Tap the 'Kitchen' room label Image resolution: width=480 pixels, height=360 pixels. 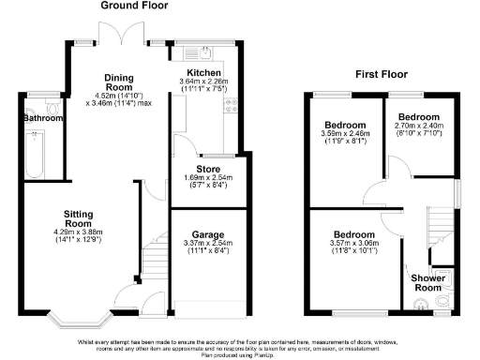pyautogui.click(x=203, y=72)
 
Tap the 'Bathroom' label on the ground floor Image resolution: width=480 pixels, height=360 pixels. pyautogui.click(x=42, y=119)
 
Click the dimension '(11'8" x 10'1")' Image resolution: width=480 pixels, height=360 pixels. pyautogui.click(x=353, y=250)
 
